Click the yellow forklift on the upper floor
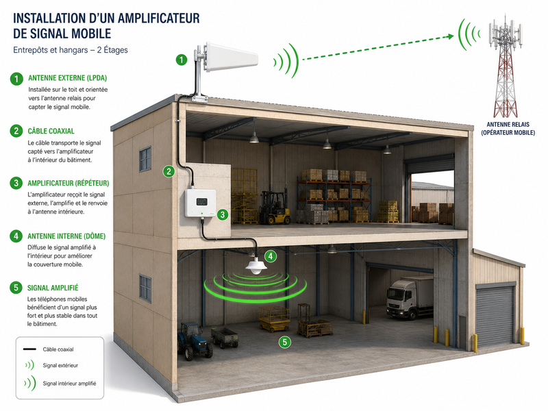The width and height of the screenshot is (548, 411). [275, 208]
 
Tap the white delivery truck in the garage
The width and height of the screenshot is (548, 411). [410, 297]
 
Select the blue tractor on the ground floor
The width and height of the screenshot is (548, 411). [194, 340]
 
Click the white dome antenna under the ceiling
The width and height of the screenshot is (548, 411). [256, 266]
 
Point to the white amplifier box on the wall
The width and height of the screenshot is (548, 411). [200, 203]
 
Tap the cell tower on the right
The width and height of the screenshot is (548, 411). [506, 66]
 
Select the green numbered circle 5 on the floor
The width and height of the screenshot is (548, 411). [285, 342]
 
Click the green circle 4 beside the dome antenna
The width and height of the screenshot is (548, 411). [271, 256]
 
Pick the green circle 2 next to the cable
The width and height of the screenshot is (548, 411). [169, 171]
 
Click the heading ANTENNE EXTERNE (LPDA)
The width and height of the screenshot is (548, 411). [67, 78]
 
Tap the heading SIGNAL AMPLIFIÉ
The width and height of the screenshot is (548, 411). [53, 288]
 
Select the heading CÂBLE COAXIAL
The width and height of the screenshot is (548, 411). [51, 132]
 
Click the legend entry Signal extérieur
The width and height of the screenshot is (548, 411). [60, 366]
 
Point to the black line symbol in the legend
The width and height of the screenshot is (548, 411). [29, 349]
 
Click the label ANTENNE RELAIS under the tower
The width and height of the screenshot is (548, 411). [508, 125]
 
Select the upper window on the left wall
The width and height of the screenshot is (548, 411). [145, 159]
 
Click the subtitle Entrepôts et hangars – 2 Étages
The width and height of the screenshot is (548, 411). [71, 50]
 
